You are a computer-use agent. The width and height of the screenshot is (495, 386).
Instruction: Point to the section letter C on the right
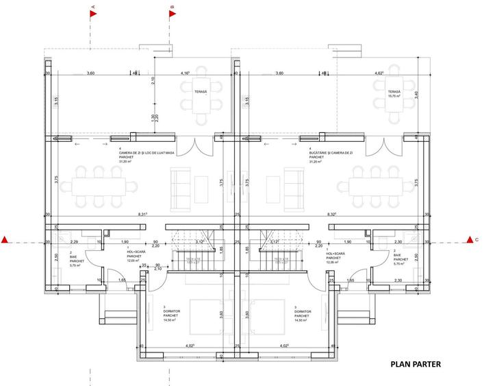(x=477, y=239)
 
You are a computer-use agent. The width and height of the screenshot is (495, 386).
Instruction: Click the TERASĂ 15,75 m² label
(x=393, y=94)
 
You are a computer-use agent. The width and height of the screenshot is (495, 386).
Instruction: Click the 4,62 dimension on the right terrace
(x=377, y=73)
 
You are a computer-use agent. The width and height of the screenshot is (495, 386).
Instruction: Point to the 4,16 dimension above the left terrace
(x=185, y=73)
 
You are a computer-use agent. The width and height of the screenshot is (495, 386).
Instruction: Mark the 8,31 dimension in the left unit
(x=142, y=215)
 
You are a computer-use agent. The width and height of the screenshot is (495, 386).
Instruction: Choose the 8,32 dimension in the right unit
(x=332, y=215)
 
